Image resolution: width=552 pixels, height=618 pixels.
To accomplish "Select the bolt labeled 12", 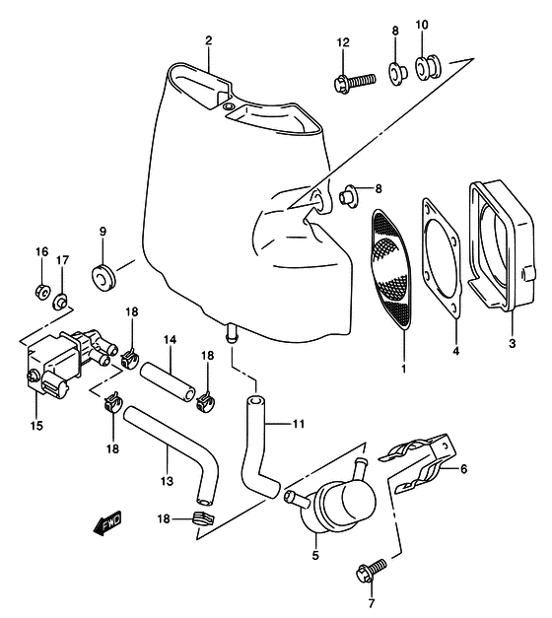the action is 355,82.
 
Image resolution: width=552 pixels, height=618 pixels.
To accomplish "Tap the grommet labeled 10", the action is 428,67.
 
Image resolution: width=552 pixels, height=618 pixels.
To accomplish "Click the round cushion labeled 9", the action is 103,278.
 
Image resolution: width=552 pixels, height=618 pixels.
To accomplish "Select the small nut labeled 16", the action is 41,292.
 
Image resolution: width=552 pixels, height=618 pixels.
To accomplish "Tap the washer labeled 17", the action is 60,302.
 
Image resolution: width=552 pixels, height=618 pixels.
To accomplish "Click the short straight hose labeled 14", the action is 168,382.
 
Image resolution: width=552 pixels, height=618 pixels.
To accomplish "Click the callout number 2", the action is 209,40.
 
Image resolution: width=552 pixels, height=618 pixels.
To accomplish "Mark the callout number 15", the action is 36,426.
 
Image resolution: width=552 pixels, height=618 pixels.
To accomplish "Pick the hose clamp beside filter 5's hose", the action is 203,518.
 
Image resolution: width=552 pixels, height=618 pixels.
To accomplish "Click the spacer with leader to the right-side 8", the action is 348,195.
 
